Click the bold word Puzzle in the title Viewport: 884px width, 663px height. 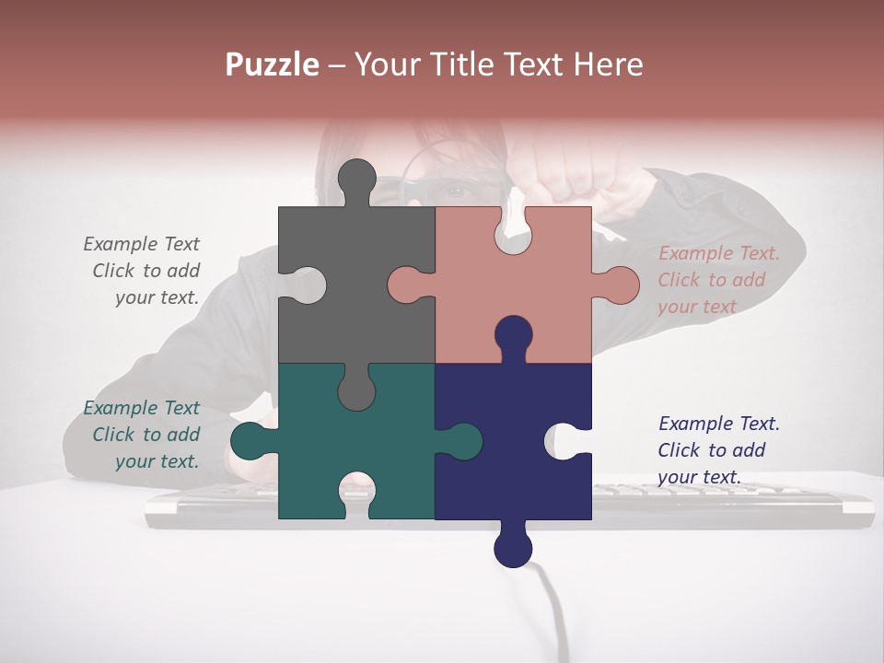273,64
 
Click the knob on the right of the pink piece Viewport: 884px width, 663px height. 619,285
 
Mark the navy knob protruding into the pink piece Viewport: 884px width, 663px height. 513,336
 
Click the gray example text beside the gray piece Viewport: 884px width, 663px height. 142,271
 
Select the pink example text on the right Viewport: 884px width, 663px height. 718,280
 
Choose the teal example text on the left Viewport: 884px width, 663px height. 142,435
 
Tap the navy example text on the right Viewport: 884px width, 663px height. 718,450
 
